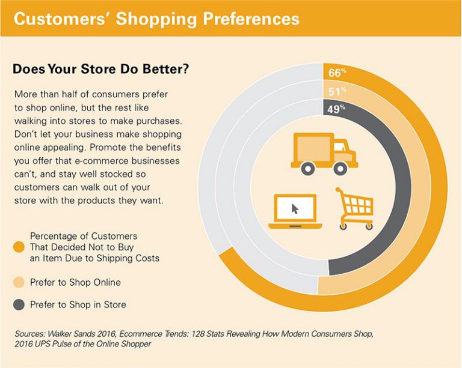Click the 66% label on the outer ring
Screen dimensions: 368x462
(337, 73)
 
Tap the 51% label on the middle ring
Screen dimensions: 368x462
(337, 91)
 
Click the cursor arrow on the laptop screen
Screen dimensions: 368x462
(295, 208)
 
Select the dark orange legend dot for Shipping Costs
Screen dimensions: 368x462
(19, 246)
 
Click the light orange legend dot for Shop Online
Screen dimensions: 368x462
(19, 282)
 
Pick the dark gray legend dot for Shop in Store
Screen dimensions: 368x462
(19, 304)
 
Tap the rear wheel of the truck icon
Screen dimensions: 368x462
(307, 169)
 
